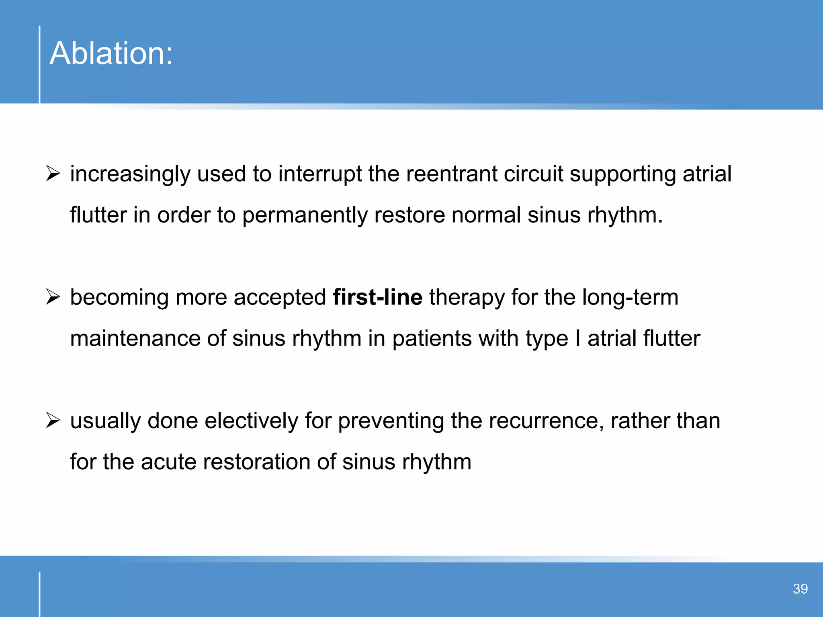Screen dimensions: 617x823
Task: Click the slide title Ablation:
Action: pos(111,53)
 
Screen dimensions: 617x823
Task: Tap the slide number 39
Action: pos(800,589)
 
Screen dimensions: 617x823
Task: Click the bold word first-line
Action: pos(377,297)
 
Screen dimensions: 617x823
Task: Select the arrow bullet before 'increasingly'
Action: pos(53,174)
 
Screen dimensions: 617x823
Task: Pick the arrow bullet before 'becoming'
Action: pos(53,297)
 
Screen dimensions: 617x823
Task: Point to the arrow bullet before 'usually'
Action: pos(53,421)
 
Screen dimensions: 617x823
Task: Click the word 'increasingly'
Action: pos(130,174)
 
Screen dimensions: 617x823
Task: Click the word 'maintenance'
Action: pos(135,338)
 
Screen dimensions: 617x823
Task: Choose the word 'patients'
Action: pos(432,338)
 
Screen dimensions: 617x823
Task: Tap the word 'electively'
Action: pos(251,421)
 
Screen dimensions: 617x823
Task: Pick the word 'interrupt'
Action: pos(320,174)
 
